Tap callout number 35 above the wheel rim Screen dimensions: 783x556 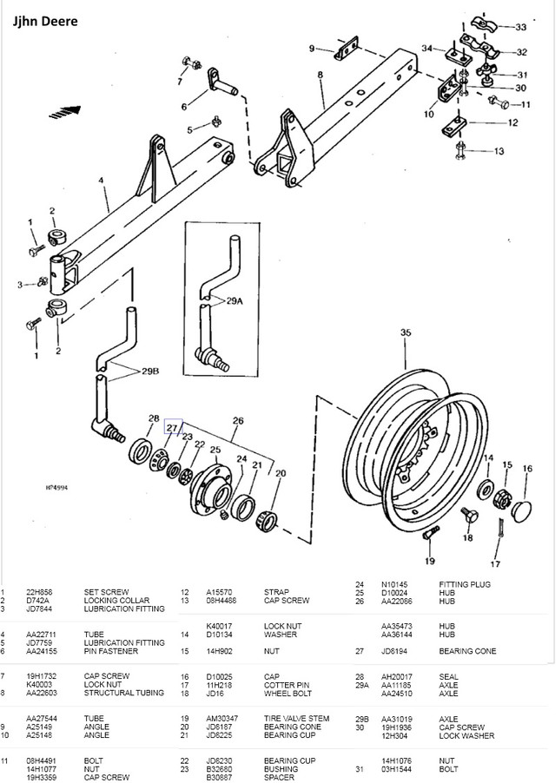point(405,332)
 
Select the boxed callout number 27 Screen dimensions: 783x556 point(171,427)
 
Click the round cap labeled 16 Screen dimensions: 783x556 point(522,510)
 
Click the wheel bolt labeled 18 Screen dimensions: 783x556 point(467,517)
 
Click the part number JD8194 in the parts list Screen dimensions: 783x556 point(394,674)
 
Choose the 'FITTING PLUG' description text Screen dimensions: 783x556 point(465,584)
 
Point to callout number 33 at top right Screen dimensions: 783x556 point(532,26)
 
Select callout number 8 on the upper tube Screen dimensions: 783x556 point(320,76)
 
